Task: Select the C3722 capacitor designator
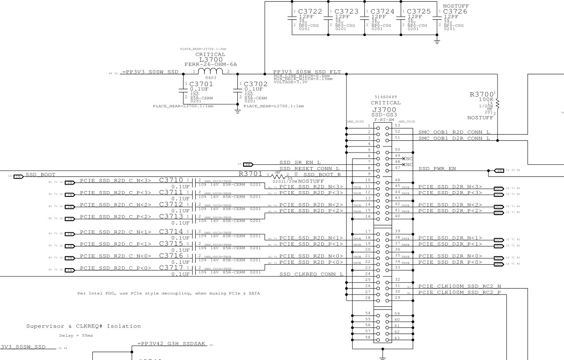pyautogui.click(x=310, y=11)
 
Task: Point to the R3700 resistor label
pyautogui.click(x=482, y=94)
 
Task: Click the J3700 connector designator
pyautogui.click(x=385, y=109)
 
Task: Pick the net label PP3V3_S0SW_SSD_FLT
pyautogui.click(x=307, y=72)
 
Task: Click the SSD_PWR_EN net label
pyautogui.click(x=437, y=168)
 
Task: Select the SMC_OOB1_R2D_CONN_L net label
pyautogui.click(x=454, y=132)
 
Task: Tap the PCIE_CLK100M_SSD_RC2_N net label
pyautogui.click(x=459, y=286)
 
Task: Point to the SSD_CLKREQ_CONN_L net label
pyautogui.click(x=311, y=275)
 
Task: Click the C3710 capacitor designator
pyautogui.click(x=171, y=180)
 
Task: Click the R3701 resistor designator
pyautogui.click(x=251, y=174)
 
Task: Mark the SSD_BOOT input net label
pyautogui.click(x=40, y=175)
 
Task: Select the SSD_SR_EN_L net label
pyautogui.click(x=300, y=163)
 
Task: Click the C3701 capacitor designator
pyautogui.click(x=201, y=84)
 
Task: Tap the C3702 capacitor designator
pyautogui.click(x=255, y=84)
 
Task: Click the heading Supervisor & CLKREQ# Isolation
pyautogui.click(x=84, y=326)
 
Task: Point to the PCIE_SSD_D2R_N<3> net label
pyautogui.click(x=450, y=187)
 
